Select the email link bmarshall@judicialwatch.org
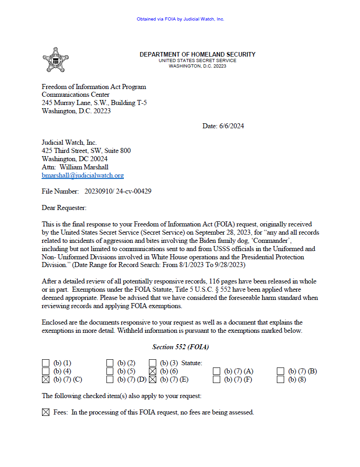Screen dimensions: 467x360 pos(83,175)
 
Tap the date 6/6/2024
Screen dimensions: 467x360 pos(231,126)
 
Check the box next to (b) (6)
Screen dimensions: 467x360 pos(153,371)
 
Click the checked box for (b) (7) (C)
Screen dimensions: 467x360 pos(45,379)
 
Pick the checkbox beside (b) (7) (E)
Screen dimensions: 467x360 pos(153,379)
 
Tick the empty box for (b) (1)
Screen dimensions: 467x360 pos(45,363)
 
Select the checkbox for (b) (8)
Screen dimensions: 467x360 pos(281,379)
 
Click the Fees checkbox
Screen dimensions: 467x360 pos(45,412)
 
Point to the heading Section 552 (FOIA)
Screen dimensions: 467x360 pos(180,347)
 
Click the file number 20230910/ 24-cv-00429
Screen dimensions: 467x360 pos(118,191)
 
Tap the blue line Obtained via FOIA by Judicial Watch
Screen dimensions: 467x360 pos(180,19)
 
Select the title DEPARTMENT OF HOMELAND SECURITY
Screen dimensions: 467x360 pos(197,54)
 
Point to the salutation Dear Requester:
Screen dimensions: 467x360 pos(64,208)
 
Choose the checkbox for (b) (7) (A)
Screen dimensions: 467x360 pos(217,371)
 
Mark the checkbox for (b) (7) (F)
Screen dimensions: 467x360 pos(217,379)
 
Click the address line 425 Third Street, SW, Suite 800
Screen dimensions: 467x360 pos(86,151)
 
